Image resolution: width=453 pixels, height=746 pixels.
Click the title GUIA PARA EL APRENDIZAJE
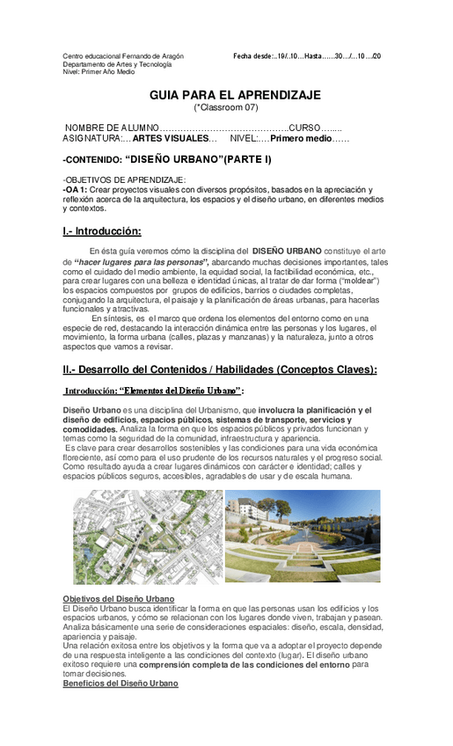pos(234,94)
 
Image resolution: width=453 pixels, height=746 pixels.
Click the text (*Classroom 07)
pos(226,107)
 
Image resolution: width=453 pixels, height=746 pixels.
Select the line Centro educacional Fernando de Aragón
pos(123,56)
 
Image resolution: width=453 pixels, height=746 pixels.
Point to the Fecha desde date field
pos(307,56)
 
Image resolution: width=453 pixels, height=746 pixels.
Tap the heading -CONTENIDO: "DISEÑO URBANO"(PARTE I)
pos(167,160)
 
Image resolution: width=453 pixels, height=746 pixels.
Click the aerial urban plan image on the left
pos(147,537)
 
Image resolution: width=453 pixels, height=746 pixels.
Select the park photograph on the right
pos(303,537)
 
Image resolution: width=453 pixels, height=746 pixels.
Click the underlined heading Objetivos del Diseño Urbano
pos(119,599)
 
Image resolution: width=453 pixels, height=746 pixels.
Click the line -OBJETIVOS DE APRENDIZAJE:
pos(118,180)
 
